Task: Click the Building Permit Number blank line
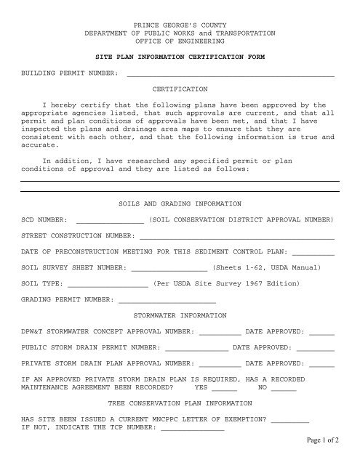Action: [231, 74]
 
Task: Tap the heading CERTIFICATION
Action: [180, 88]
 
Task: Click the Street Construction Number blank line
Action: [237, 236]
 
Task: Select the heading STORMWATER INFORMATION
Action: [180, 316]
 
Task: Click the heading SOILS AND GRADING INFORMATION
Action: [180, 203]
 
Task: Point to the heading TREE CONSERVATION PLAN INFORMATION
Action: [180, 404]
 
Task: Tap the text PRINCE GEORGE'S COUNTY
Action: [180, 25]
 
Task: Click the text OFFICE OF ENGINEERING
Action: [180, 41]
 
